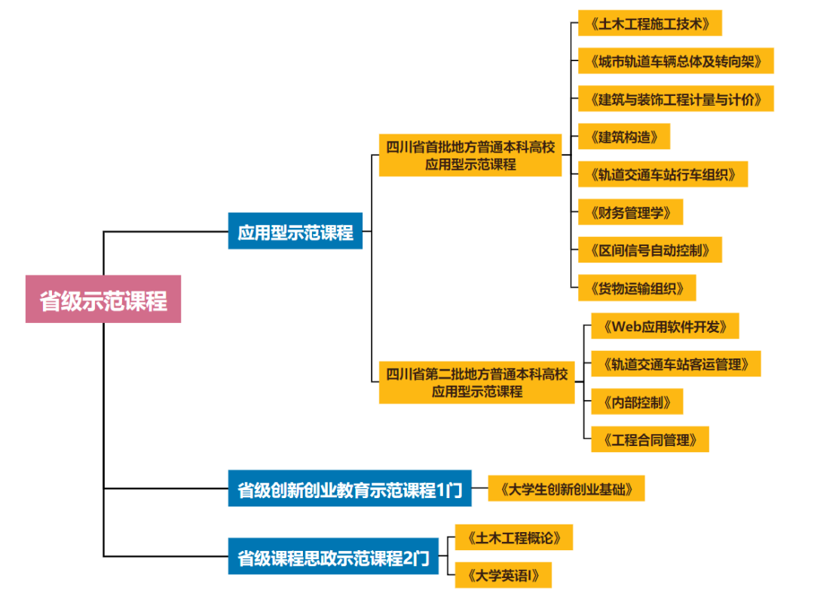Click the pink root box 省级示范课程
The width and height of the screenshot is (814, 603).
pos(103,299)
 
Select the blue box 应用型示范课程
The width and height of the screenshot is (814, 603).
pos(295,231)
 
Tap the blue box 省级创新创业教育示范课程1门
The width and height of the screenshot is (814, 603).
pos(350,489)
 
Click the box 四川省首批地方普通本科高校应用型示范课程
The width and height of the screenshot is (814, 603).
pos(470,155)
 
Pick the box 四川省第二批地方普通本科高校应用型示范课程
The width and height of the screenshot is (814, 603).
pos(476,382)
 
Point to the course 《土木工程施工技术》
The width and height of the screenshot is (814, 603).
pos(650,23)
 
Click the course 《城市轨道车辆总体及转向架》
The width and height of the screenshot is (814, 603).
pos(675,60)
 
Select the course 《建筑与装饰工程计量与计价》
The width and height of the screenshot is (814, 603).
pos(675,98)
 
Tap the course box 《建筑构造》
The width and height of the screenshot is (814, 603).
pos(623,136)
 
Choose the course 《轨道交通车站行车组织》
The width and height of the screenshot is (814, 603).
pos(663,174)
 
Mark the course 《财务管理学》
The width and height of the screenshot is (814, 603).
pos(630,212)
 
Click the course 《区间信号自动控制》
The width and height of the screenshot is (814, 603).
pos(650,250)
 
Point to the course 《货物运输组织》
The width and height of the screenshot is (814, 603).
pos(637,288)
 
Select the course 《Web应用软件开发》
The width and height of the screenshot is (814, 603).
pos(665,326)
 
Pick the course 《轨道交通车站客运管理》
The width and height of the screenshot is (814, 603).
pos(675,364)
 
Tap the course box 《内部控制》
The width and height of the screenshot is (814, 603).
pos(637,401)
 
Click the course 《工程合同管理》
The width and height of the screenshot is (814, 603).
pos(650,439)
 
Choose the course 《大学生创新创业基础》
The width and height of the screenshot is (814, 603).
pos(567,488)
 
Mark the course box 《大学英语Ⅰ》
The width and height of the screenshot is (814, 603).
pos(503,575)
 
